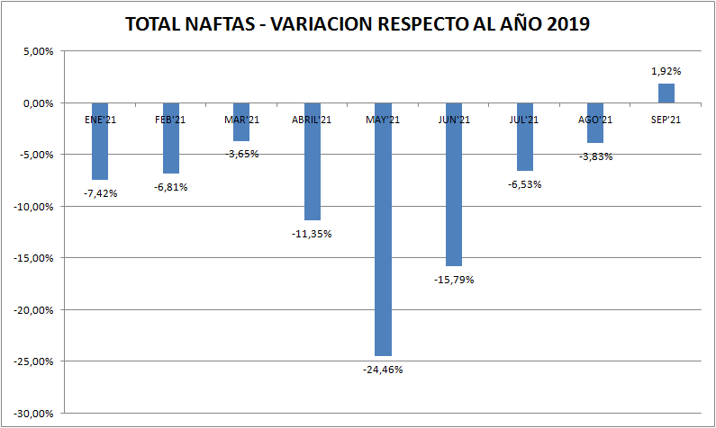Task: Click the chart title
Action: pos(358,24)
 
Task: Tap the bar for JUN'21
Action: pos(454,189)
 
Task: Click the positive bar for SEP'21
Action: pos(666,94)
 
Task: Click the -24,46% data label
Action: pos(384,370)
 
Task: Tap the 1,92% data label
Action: pos(666,71)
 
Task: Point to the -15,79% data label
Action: pos(454,280)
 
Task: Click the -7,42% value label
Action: pos(100,193)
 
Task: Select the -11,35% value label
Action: pos(312,234)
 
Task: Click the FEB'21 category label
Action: pos(170,120)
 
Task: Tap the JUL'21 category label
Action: pos(524,120)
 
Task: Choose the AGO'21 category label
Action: pos(595,120)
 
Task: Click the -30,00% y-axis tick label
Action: pos(35,414)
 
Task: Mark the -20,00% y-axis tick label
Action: pos(35,310)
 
